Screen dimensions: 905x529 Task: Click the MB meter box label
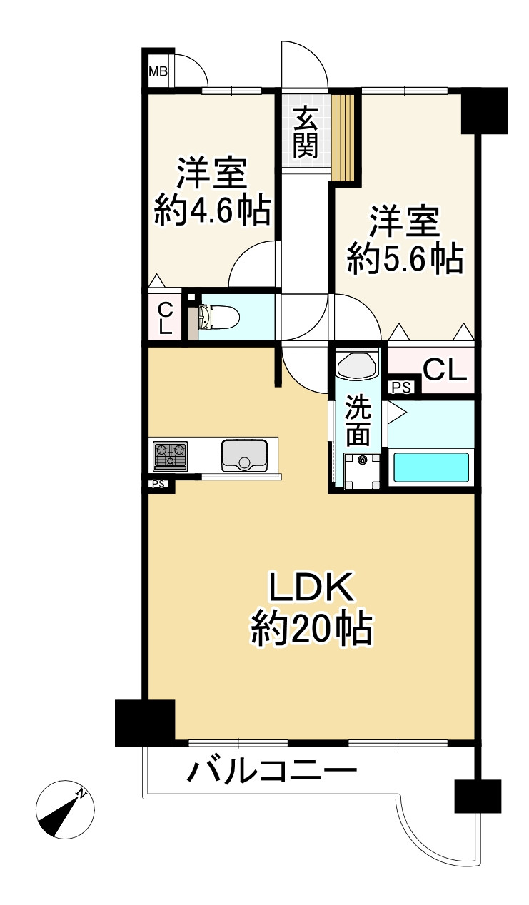tap(157, 71)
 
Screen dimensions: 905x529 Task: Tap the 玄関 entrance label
tap(305, 131)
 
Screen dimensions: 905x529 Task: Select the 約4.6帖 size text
tap(212, 211)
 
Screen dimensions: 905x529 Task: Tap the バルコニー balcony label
tap(272, 772)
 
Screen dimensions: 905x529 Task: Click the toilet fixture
tap(214, 316)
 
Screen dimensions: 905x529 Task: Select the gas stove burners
tap(170, 455)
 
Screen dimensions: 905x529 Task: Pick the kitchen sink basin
tap(244, 455)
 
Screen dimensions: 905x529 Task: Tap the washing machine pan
tap(362, 472)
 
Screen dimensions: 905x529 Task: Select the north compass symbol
tap(65, 809)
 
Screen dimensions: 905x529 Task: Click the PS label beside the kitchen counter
tap(158, 484)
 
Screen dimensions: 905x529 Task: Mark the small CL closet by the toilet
tap(165, 318)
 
